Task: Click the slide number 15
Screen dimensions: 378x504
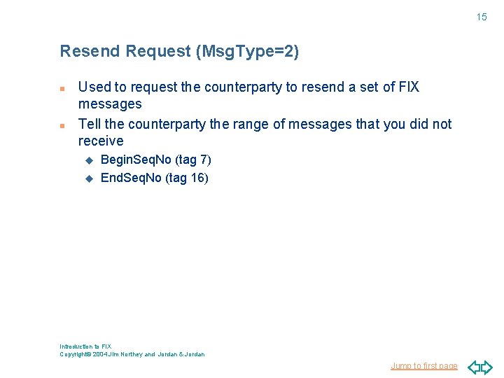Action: click(482, 17)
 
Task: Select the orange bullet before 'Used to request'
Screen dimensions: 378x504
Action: click(62, 90)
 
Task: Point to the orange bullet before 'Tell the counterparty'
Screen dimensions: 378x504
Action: click(62, 126)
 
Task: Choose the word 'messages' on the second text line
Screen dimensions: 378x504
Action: click(110, 104)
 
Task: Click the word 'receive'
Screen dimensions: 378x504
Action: click(101, 141)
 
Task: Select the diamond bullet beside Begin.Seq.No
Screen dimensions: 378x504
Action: click(89, 161)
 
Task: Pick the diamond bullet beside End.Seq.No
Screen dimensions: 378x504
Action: click(89, 178)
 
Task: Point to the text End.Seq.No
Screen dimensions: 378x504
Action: click(132, 178)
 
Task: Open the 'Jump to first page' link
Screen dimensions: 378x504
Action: click(424, 366)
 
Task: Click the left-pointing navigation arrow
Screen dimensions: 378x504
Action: click(474, 367)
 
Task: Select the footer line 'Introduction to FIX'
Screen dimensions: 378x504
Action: click(85, 346)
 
